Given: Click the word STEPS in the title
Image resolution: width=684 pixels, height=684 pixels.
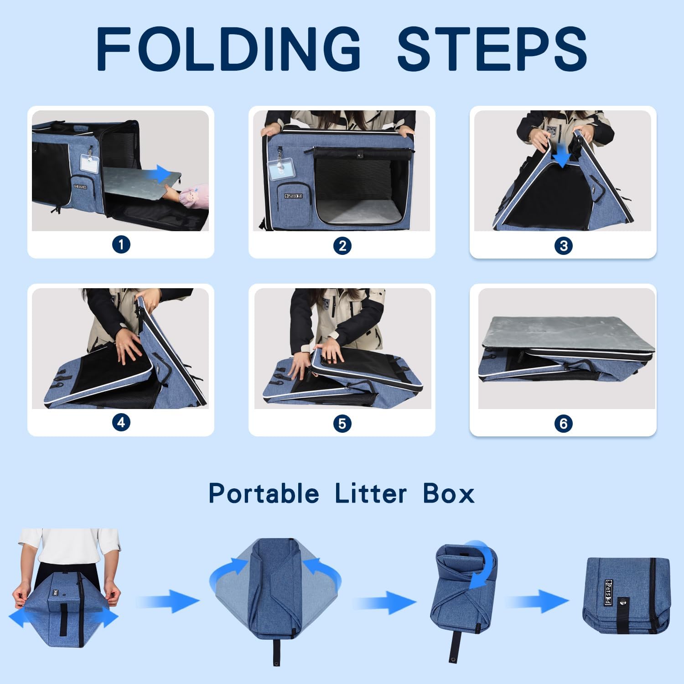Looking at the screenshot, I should (492, 49).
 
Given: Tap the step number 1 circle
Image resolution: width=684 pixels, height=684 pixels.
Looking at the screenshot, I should (121, 245).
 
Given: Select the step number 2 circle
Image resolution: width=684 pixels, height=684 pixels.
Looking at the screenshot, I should (342, 246).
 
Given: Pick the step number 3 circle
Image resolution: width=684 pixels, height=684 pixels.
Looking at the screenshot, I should (563, 246).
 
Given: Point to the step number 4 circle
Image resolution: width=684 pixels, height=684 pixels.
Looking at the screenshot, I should (121, 422).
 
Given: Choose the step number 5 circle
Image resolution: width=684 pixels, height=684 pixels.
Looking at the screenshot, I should (342, 424).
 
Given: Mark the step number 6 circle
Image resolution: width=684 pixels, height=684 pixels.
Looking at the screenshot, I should (563, 424).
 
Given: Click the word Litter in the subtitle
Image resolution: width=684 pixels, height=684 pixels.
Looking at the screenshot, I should (370, 494).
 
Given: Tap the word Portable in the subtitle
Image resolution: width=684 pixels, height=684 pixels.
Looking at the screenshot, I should (264, 494).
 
